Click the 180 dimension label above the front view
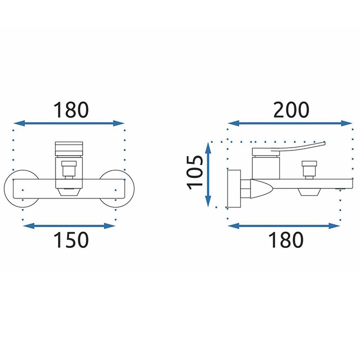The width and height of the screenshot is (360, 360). pyautogui.click(x=71, y=110)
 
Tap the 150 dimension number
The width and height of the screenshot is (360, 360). pyautogui.click(x=71, y=240)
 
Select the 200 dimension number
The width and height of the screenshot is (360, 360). pyautogui.click(x=291, y=110)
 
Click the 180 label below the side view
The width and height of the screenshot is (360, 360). pyautogui.click(x=286, y=240)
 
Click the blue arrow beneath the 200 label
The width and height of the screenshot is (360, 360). pyautogui.click(x=290, y=123)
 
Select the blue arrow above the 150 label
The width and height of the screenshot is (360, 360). pyautogui.click(x=69, y=226)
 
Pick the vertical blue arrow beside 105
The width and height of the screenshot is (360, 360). pyautogui.click(x=208, y=175)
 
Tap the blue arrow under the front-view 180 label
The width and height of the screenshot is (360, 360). pyautogui.click(x=69, y=123)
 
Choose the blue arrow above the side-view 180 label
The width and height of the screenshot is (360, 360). pyautogui.click(x=284, y=226)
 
